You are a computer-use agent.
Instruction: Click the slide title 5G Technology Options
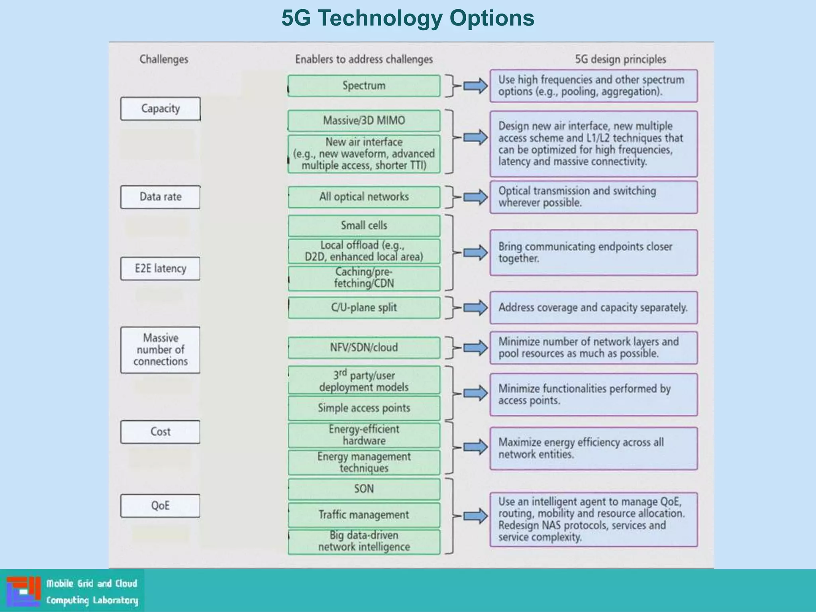(408, 18)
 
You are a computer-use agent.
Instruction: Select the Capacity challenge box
(161, 108)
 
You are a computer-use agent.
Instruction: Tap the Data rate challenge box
(161, 197)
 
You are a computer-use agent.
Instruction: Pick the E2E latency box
(161, 269)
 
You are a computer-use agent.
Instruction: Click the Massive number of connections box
(161, 350)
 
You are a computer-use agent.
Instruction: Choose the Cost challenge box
(161, 432)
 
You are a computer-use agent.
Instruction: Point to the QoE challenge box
(161, 506)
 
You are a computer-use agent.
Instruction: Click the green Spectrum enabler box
(364, 86)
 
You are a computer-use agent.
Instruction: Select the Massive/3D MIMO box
(364, 121)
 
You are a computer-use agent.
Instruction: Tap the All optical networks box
(364, 197)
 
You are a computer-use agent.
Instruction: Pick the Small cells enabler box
(364, 226)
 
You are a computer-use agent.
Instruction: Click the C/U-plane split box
(364, 308)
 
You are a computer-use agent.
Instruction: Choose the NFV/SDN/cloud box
(364, 347)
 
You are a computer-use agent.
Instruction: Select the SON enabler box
(364, 489)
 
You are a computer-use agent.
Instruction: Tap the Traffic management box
(364, 515)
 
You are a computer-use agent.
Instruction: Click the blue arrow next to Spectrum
(475, 86)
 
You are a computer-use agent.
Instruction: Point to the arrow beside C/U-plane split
(475, 308)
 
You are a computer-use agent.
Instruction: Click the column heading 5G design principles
(620, 59)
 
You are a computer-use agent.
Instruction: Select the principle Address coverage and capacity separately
(593, 308)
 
